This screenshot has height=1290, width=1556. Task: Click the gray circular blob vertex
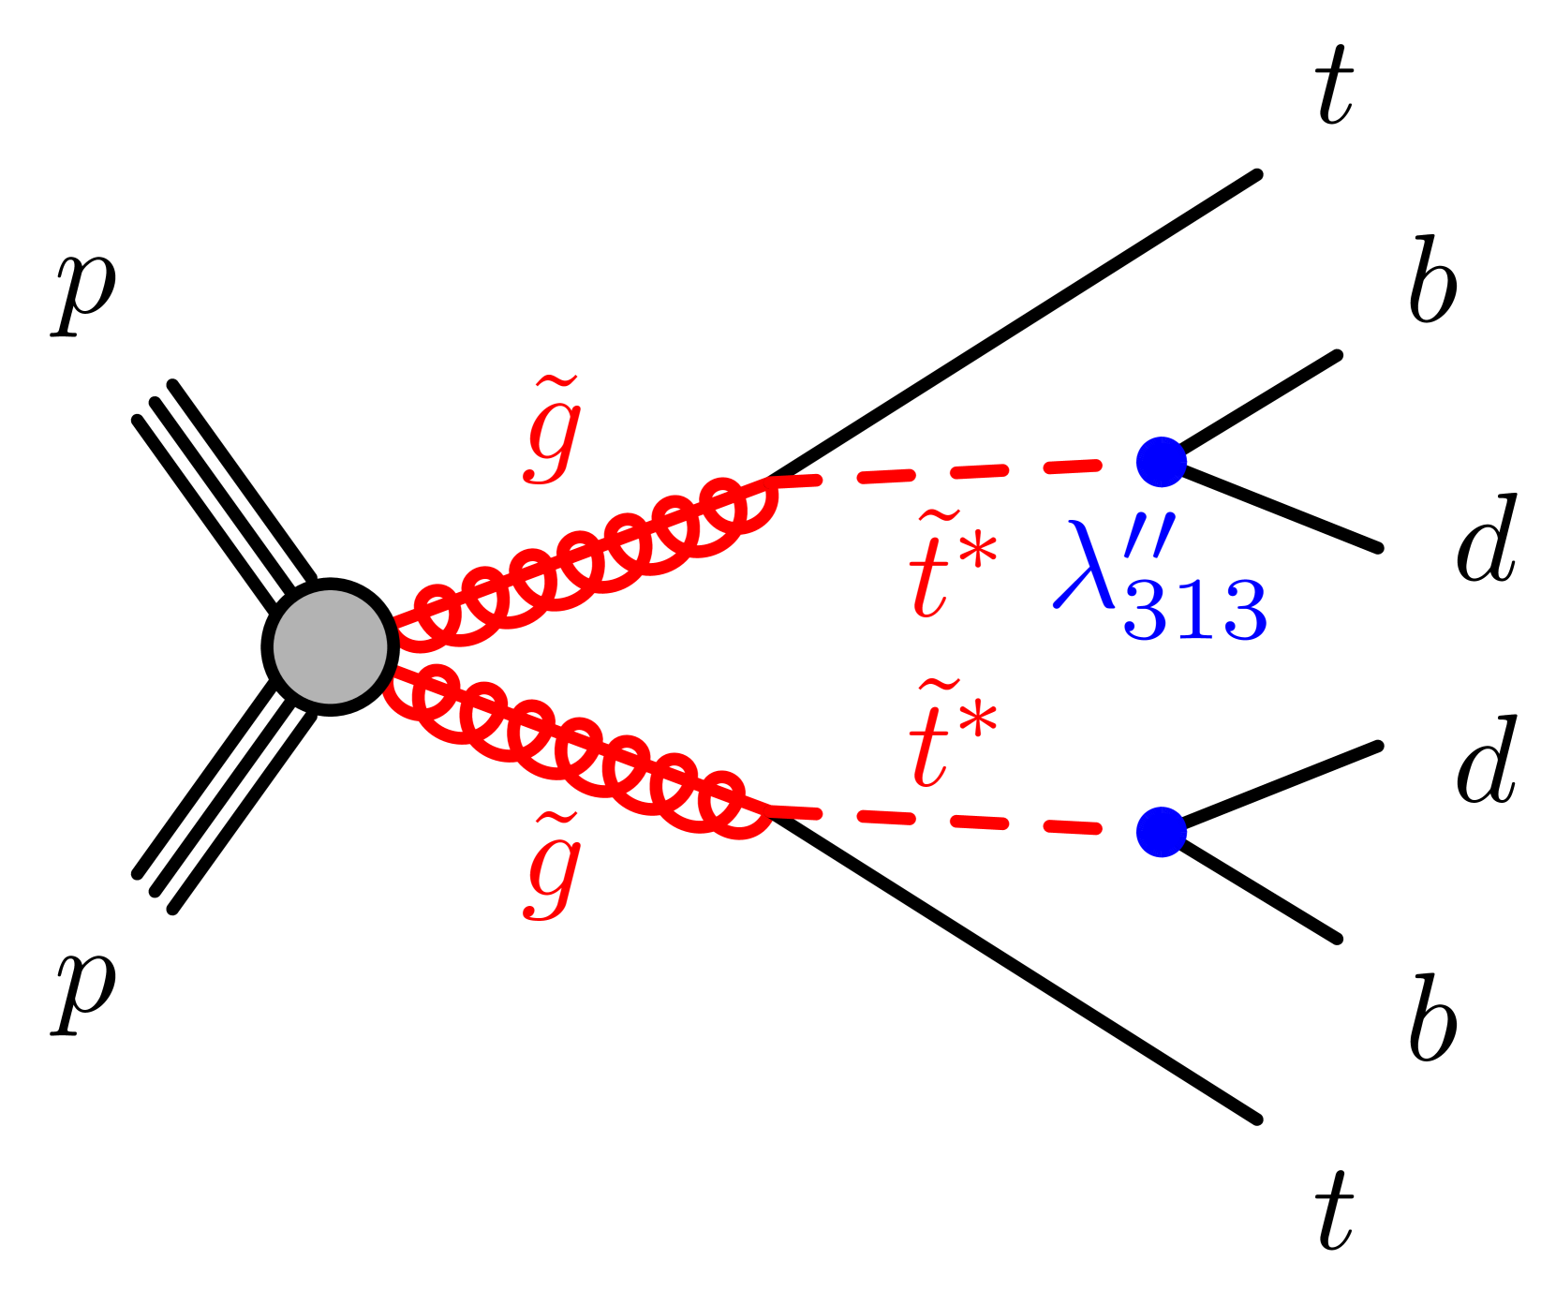click(330, 646)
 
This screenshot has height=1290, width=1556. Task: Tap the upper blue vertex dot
click(1161, 462)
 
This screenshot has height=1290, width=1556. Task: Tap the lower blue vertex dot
click(1161, 832)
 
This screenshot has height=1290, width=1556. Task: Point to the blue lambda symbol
click(1085, 567)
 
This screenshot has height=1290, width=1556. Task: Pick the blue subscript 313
click(1194, 611)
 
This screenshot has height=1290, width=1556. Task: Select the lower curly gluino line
click(581, 745)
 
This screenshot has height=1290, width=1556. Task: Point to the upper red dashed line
click(956, 472)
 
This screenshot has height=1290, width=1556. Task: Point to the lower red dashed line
click(956, 822)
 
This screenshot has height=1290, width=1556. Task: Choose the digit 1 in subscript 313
click(1194, 611)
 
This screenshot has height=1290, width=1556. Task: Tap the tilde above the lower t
click(938, 687)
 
